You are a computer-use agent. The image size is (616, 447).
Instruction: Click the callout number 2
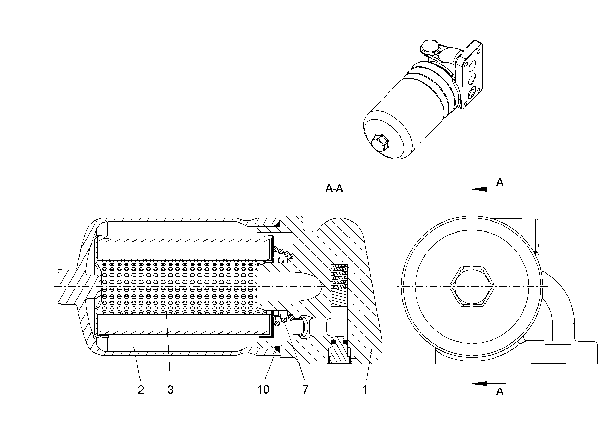point(141,390)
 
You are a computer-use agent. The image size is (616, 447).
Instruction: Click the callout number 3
point(170,390)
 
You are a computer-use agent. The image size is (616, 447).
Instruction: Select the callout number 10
point(263,390)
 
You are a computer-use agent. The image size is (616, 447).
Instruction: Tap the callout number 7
point(306,390)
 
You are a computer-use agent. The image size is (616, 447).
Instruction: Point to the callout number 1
point(365,390)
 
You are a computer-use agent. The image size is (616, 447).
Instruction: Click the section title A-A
point(334,188)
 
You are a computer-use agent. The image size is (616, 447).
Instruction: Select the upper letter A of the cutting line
point(500,182)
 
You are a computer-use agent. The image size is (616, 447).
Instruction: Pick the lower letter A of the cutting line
point(500,391)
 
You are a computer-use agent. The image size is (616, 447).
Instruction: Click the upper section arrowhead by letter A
point(479,189)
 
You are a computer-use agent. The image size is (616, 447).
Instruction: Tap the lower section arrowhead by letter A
point(479,383)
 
